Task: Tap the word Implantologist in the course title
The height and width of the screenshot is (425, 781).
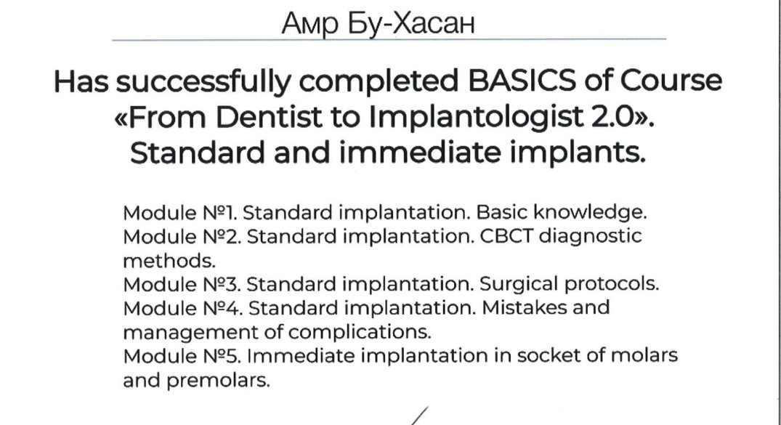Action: (476, 118)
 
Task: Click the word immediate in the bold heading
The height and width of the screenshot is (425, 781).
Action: (420, 153)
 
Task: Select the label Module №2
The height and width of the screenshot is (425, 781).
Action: (182, 237)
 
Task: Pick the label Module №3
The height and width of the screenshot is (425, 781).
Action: (182, 285)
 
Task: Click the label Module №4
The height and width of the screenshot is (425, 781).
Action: (183, 309)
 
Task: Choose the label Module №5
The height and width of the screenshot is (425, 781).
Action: (182, 356)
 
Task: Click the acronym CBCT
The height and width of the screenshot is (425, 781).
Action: (506, 236)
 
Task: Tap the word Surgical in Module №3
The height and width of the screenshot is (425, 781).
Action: (519, 285)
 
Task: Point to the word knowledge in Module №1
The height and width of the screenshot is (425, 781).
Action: (590, 213)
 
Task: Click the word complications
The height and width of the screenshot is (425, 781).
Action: (360, 332)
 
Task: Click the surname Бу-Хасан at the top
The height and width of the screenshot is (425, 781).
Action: (411, 23)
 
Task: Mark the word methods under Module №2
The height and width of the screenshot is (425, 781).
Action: (169, 261)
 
